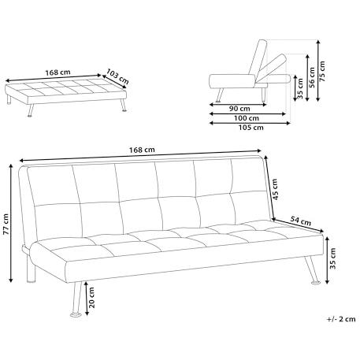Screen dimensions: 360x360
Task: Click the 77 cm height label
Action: tap(6, 224)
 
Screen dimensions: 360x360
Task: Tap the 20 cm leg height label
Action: tap(91, 297)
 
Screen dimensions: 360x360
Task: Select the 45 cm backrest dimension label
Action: tap(275, 189)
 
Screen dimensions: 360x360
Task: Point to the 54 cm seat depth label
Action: tap(301, 221)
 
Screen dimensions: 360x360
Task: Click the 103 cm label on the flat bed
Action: tap(117, 76)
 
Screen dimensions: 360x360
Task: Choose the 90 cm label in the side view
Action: tap(239, 108)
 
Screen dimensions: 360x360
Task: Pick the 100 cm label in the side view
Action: tap(247, 118)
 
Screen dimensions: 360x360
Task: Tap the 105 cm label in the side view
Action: tap(251, 128)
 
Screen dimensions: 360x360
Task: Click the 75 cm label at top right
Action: tap(322, 71)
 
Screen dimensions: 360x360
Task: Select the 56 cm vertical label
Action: tap(312, 77)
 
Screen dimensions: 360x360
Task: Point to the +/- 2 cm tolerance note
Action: tap(341, 319)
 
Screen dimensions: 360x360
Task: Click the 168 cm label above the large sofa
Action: tap(142, 150)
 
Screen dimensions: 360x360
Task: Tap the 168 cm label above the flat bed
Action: tap(58, 72)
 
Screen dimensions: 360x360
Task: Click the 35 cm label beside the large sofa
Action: tap(333, 258)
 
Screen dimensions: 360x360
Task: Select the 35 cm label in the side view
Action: tap(301, 88)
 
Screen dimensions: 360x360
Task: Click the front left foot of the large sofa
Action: tap(76, 314)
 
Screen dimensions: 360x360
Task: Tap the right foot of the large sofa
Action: tap(316, 283)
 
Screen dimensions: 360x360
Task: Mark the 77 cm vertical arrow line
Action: tap(11, 223)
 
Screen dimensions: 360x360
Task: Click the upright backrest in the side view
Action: tap(258, 59)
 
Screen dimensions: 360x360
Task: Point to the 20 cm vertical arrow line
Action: tap(87, 299)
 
